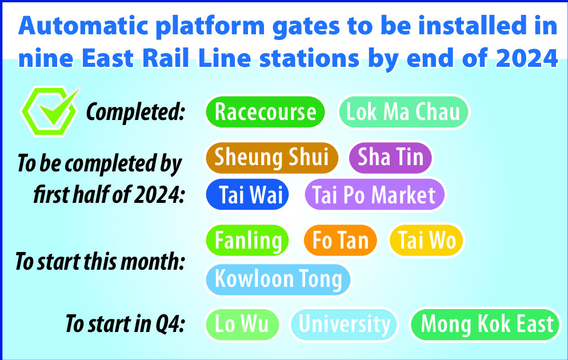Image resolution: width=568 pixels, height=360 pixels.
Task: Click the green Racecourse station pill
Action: click(x=265, y=112)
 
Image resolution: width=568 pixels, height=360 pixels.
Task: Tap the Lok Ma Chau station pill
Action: click(x=403, y=112)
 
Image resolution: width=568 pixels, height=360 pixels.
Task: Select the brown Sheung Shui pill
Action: click(x=271, y=158)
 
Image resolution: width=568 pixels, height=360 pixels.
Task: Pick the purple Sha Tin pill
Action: click(x=390, y=158)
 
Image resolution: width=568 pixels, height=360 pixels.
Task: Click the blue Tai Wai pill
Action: click(x=247, y=194)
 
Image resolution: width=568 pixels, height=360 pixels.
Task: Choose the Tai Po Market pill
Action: click(x=374, y=194)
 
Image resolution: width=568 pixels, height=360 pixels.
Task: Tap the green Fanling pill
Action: click(x=247, y=241)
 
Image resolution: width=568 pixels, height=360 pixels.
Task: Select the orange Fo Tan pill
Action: click(x=341, y=241)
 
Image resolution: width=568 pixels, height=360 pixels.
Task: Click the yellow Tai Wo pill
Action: click(x=426, y=241)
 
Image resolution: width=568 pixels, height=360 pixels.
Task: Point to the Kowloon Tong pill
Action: click(x=278, y=279)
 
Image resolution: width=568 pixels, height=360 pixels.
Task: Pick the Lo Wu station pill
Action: click(x=242, y=324)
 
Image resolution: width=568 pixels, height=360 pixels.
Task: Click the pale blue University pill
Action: click(x=344, y=324)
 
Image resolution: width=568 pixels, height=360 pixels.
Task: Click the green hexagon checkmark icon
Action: click(x=50, y=111)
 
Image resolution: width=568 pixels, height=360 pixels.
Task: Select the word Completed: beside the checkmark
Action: click(x=135, y=112)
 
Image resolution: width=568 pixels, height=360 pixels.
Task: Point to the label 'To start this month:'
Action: click(x=99, y=262)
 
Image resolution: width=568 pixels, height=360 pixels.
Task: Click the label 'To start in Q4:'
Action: click(x=125, y=323)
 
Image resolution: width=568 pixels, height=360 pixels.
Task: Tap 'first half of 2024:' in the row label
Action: click(x=109, y=195)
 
